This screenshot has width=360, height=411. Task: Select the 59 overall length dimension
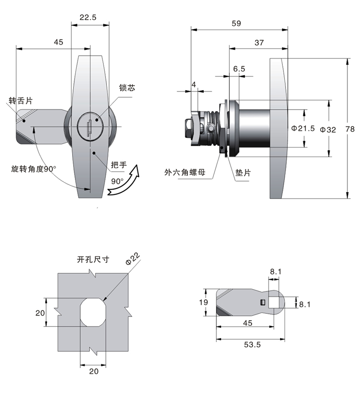point(236,23)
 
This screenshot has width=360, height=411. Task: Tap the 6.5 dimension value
point(239,69)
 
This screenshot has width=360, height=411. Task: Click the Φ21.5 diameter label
point(303,129)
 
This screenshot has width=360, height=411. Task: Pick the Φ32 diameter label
point(328,130)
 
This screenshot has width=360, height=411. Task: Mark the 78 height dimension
point(350,129)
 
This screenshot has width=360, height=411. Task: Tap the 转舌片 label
point(21,100)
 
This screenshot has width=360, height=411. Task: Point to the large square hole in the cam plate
point(274,302)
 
